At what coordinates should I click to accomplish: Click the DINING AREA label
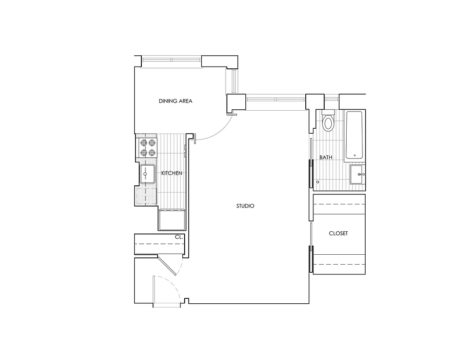[x=175, y=101]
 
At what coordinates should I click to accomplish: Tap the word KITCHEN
[x=172, y=173]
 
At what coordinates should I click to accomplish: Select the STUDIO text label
[x=245, y=206]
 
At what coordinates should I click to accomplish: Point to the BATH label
[x=326, y=157]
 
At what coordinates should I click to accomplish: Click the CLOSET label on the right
[x=338, y=234]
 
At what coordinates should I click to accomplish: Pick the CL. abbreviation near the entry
[x=179, y=237]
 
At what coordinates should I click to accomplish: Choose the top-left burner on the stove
[x=144, y=143]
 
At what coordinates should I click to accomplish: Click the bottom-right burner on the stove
[x=152, y=153]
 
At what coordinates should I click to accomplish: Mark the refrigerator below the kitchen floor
[x=172, y=220]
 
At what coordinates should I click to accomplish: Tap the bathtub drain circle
[x=355, y=156]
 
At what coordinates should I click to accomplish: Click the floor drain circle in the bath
[x=318, y=182]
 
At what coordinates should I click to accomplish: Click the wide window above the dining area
[x=172, y=60]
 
